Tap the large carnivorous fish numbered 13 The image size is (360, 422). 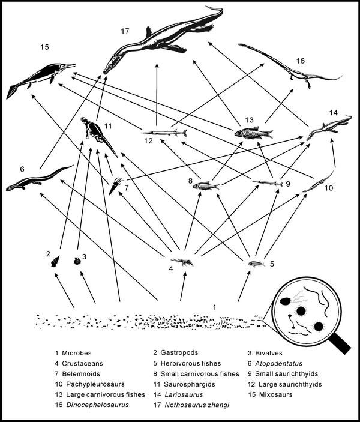tap(253, 133)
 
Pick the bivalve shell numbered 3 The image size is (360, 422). tap(76, 261)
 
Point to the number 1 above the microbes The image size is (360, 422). tap(214, 307)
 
